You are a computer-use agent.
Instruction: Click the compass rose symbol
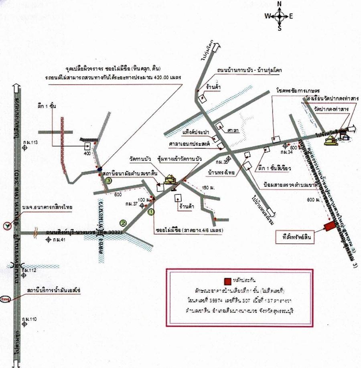pos(280,16)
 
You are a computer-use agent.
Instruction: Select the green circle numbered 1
pos(151,211)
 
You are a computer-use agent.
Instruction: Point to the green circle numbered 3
pos(108,181)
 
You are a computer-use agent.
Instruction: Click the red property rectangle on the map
pos(330,226)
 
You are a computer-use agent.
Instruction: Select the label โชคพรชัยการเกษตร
pos(295,90)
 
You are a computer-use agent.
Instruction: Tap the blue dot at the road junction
pos(99,169)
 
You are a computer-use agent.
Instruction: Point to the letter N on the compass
pos(280,4)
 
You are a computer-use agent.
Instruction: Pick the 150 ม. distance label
pos(207,187)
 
